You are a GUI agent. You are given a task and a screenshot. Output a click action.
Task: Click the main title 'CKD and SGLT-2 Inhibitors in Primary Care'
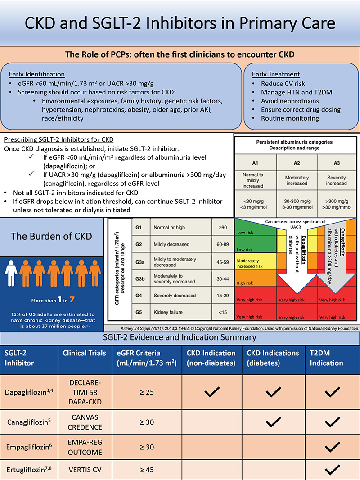[180, 23]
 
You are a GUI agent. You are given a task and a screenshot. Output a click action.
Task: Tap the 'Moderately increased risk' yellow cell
[254, 263]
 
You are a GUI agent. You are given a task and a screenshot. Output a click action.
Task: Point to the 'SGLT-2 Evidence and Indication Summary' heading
[180, 337]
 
